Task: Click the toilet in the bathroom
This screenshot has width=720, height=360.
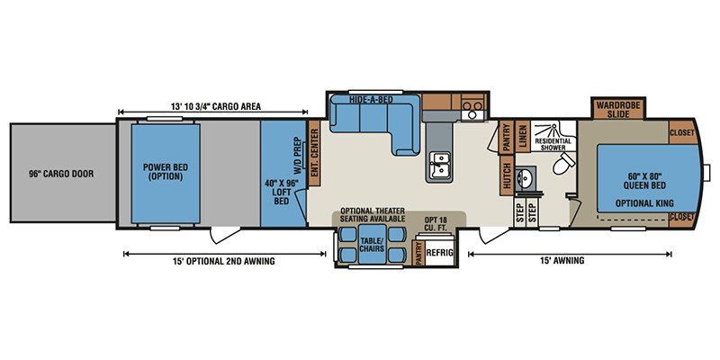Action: coord(563,163)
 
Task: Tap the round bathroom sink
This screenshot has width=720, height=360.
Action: coord(523,176)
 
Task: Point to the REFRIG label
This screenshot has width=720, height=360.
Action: coord(440,253)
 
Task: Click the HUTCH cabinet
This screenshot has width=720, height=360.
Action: coord(507,175)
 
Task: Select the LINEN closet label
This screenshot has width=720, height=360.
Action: coord(523,136)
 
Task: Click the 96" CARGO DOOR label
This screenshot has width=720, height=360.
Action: coord(62,174)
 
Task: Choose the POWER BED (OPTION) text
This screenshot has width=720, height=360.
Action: coord(166,171)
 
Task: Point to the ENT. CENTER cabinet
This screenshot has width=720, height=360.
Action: coord(314,153)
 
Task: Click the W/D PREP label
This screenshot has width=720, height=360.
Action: coord(297,155)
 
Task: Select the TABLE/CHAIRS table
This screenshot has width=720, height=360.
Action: coord(372,244)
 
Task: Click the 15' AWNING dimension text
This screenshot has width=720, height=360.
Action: coord(569,260)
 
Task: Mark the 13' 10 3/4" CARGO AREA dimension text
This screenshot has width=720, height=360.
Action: coord(216,106)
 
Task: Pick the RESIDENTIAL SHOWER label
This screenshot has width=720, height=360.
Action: coord(553,144)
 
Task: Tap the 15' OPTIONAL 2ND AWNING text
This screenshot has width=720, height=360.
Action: coord(223,261)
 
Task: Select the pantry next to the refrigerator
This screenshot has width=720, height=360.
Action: coord(418,253)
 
